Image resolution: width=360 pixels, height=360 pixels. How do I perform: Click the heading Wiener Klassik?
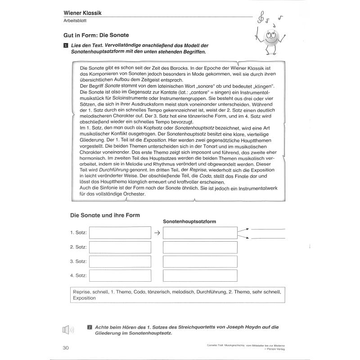82,13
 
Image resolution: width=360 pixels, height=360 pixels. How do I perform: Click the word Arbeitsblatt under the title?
75,21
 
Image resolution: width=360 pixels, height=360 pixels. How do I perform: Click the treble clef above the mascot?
260,18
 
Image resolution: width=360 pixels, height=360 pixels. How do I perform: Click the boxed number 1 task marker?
66,45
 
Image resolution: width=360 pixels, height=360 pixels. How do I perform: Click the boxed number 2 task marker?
90,327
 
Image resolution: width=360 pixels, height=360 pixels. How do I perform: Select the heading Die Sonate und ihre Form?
105,215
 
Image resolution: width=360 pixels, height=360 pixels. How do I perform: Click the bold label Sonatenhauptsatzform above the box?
189,221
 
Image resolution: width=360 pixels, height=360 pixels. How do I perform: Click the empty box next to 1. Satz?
120,233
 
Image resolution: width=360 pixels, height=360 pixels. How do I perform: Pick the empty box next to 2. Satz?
120,247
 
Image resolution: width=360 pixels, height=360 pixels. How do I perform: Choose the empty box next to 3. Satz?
120,261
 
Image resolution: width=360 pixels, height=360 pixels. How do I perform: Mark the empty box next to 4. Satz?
120,275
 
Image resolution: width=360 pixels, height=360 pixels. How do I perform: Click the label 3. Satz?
78,261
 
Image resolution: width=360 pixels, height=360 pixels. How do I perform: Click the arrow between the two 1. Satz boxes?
157,233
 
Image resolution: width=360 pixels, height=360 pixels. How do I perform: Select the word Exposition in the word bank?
84,298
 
